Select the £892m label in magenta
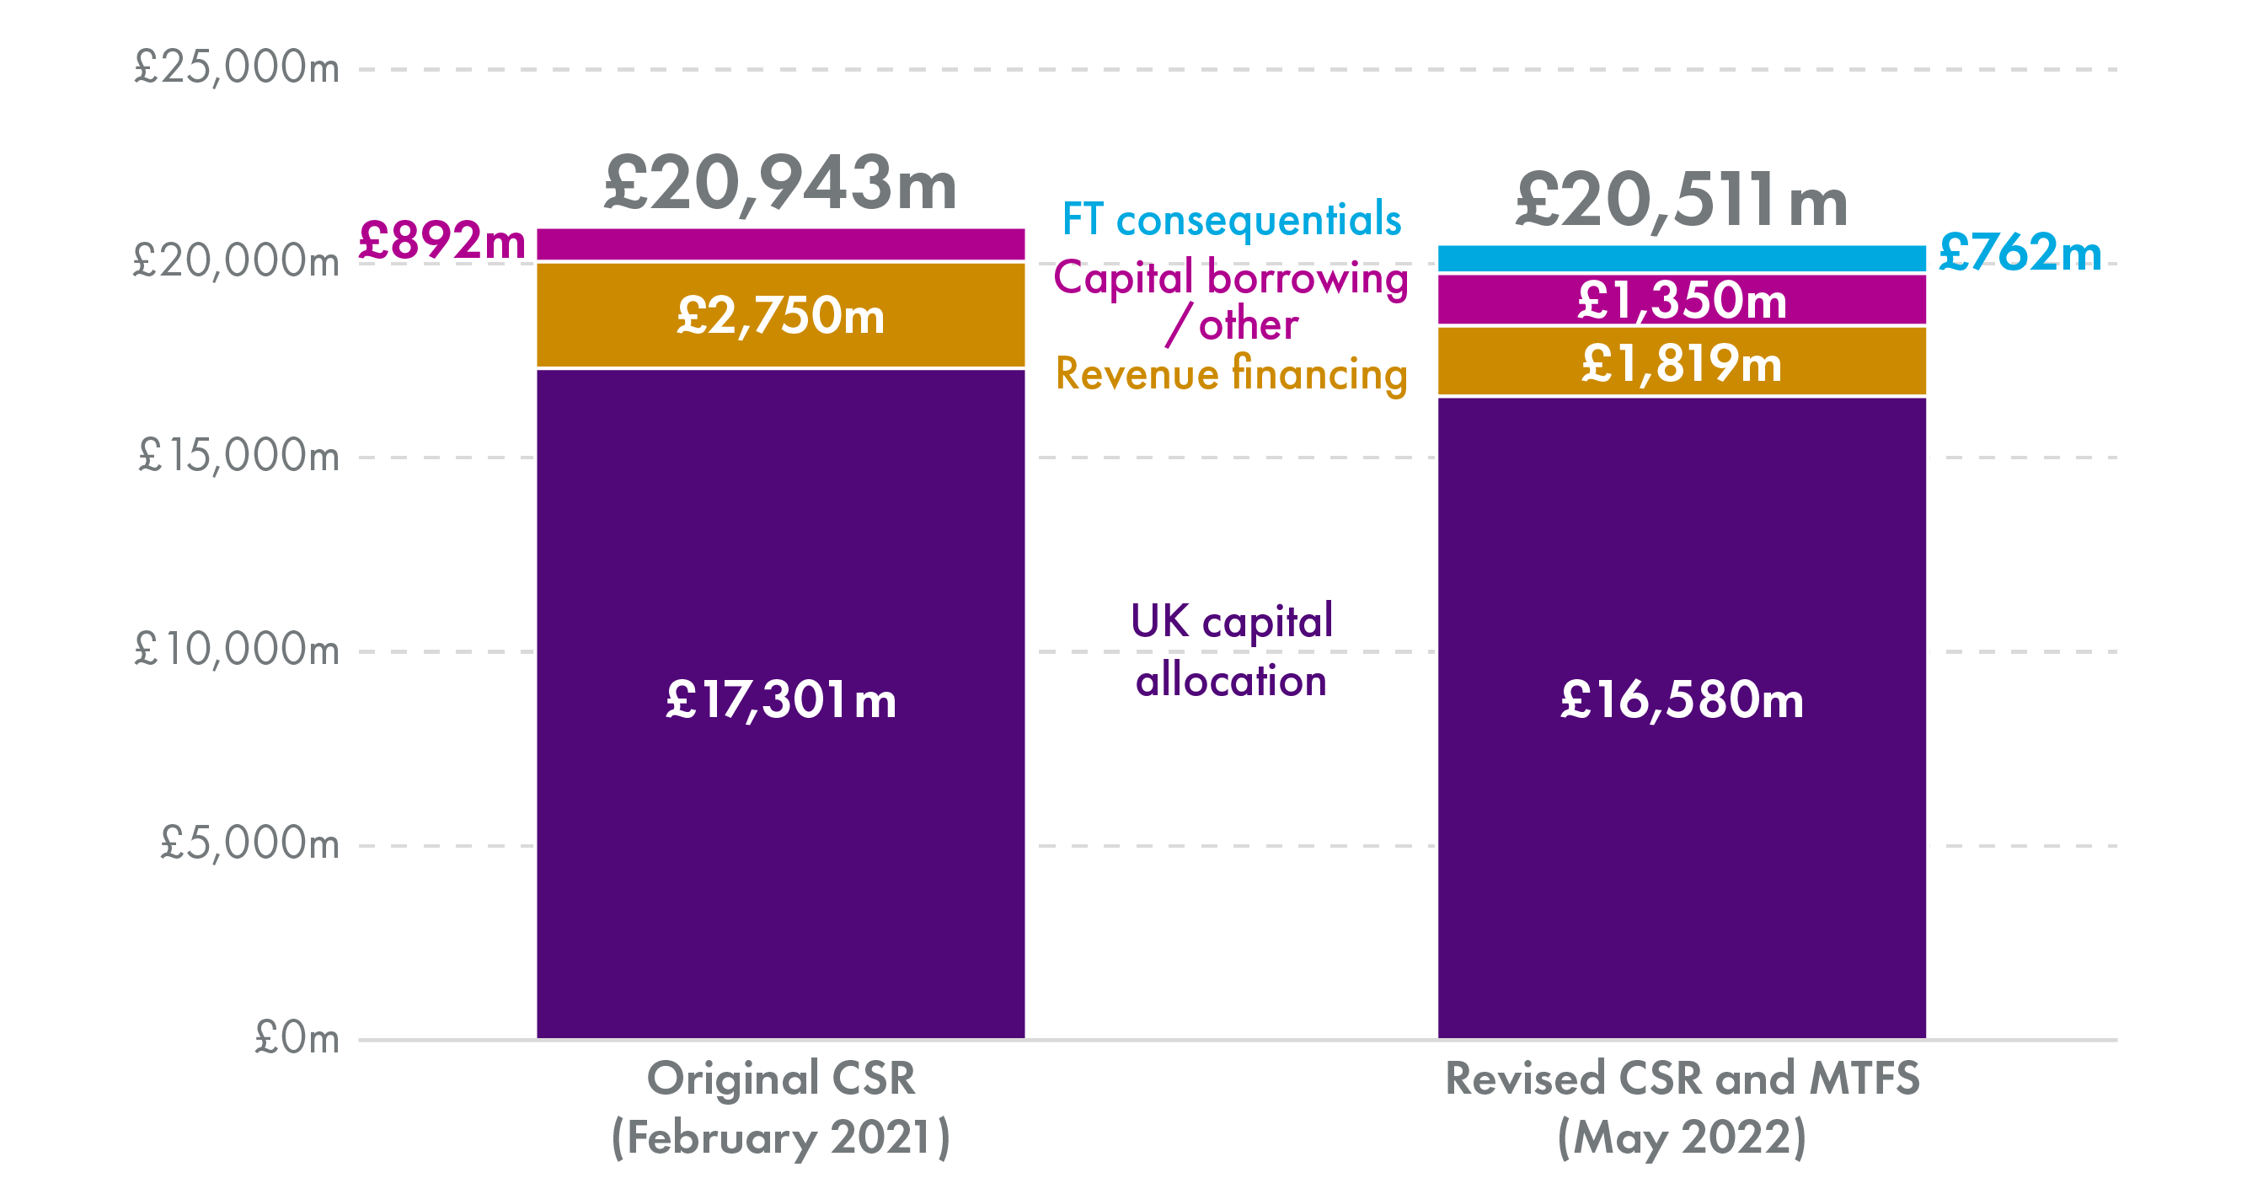[441, 242]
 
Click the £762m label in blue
[2019, 254]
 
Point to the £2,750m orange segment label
[780, 316]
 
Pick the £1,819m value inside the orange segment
[1681, 364]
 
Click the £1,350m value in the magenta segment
[1681, 301]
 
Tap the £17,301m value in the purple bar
[780, 700]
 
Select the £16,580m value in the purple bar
[1681, 700]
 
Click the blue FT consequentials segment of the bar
[1681, 258]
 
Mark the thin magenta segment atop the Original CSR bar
[780, 244]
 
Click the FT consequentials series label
[1231, 220]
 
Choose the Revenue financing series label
[1231, 374]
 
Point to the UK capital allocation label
[1231, 651]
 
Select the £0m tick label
[296, 1039]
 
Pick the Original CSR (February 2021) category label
[780, 1108]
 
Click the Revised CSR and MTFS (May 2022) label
[1681, 1108]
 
